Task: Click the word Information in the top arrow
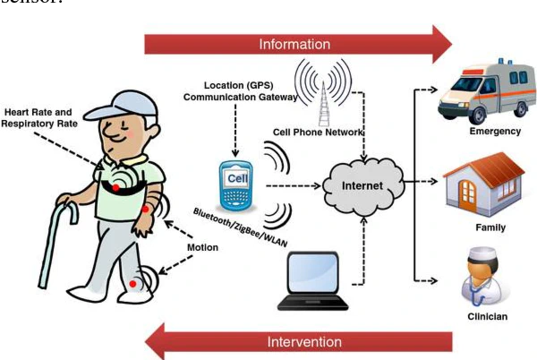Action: (294, 44)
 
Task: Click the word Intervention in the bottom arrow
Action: (304, 341)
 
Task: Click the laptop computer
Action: (312, 279)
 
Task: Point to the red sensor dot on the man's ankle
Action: (134, 284)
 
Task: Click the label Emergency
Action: (494, 132)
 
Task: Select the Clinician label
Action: (489, 316)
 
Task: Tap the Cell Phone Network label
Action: (318, 133)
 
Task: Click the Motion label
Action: (202, 248)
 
